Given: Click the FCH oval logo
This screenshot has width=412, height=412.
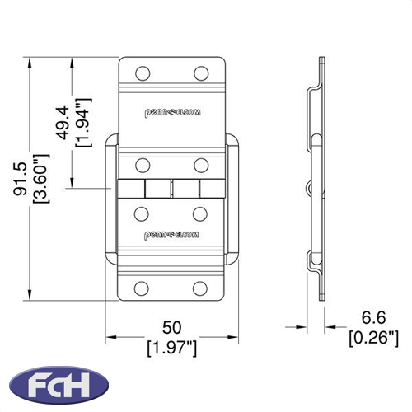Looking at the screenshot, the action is [x=59, y=384].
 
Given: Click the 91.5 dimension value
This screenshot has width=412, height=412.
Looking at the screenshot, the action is [x=20, y=179].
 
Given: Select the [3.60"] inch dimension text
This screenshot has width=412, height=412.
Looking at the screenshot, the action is [x=41, y=179].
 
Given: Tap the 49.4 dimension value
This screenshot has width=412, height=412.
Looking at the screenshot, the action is [x=63, y=123].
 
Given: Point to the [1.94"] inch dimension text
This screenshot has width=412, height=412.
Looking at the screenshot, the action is [x=83, y=123].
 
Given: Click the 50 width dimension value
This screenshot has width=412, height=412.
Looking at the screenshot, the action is [x=172, y=327].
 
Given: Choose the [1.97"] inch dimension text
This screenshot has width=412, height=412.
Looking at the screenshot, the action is [x=172, y=349].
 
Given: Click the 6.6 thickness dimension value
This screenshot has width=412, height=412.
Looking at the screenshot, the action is [x=373, y=317].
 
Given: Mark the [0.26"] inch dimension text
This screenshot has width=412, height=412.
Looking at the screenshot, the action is [x=373, y=338].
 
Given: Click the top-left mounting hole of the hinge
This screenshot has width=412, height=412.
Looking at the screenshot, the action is [x=143, y=73].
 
